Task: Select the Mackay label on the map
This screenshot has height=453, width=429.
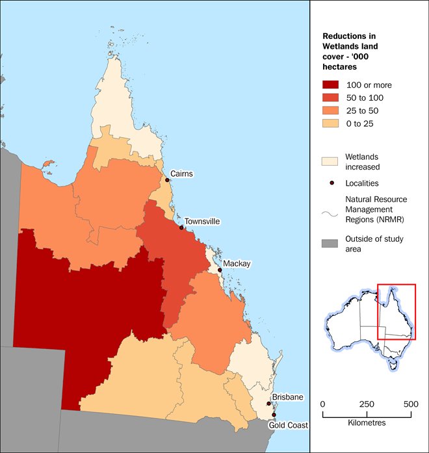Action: click(x=237, y=263)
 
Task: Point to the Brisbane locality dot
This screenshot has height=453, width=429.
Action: click(x=269, y=404)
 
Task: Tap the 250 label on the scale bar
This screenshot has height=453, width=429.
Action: click(x=367, y=404)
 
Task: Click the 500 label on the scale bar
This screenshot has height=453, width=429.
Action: click(x=411, y=404)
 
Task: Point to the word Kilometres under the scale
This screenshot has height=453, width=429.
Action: click(x=367, y=422)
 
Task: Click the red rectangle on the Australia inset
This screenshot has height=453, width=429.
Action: click(x=396, y=311)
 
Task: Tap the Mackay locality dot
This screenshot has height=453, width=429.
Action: click(x=220, y=270)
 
